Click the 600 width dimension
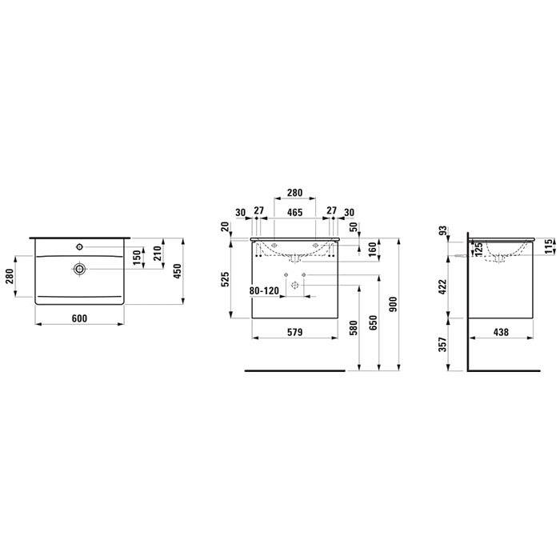tap(79, 318)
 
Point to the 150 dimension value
tap(137, 258)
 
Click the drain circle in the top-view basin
tap(79, 269)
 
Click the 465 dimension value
tap(294, 212)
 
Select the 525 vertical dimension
tap(226, 278)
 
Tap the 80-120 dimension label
tap(265, 291)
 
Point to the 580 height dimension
tap(352, 328)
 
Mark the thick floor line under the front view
tap(294, 372)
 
